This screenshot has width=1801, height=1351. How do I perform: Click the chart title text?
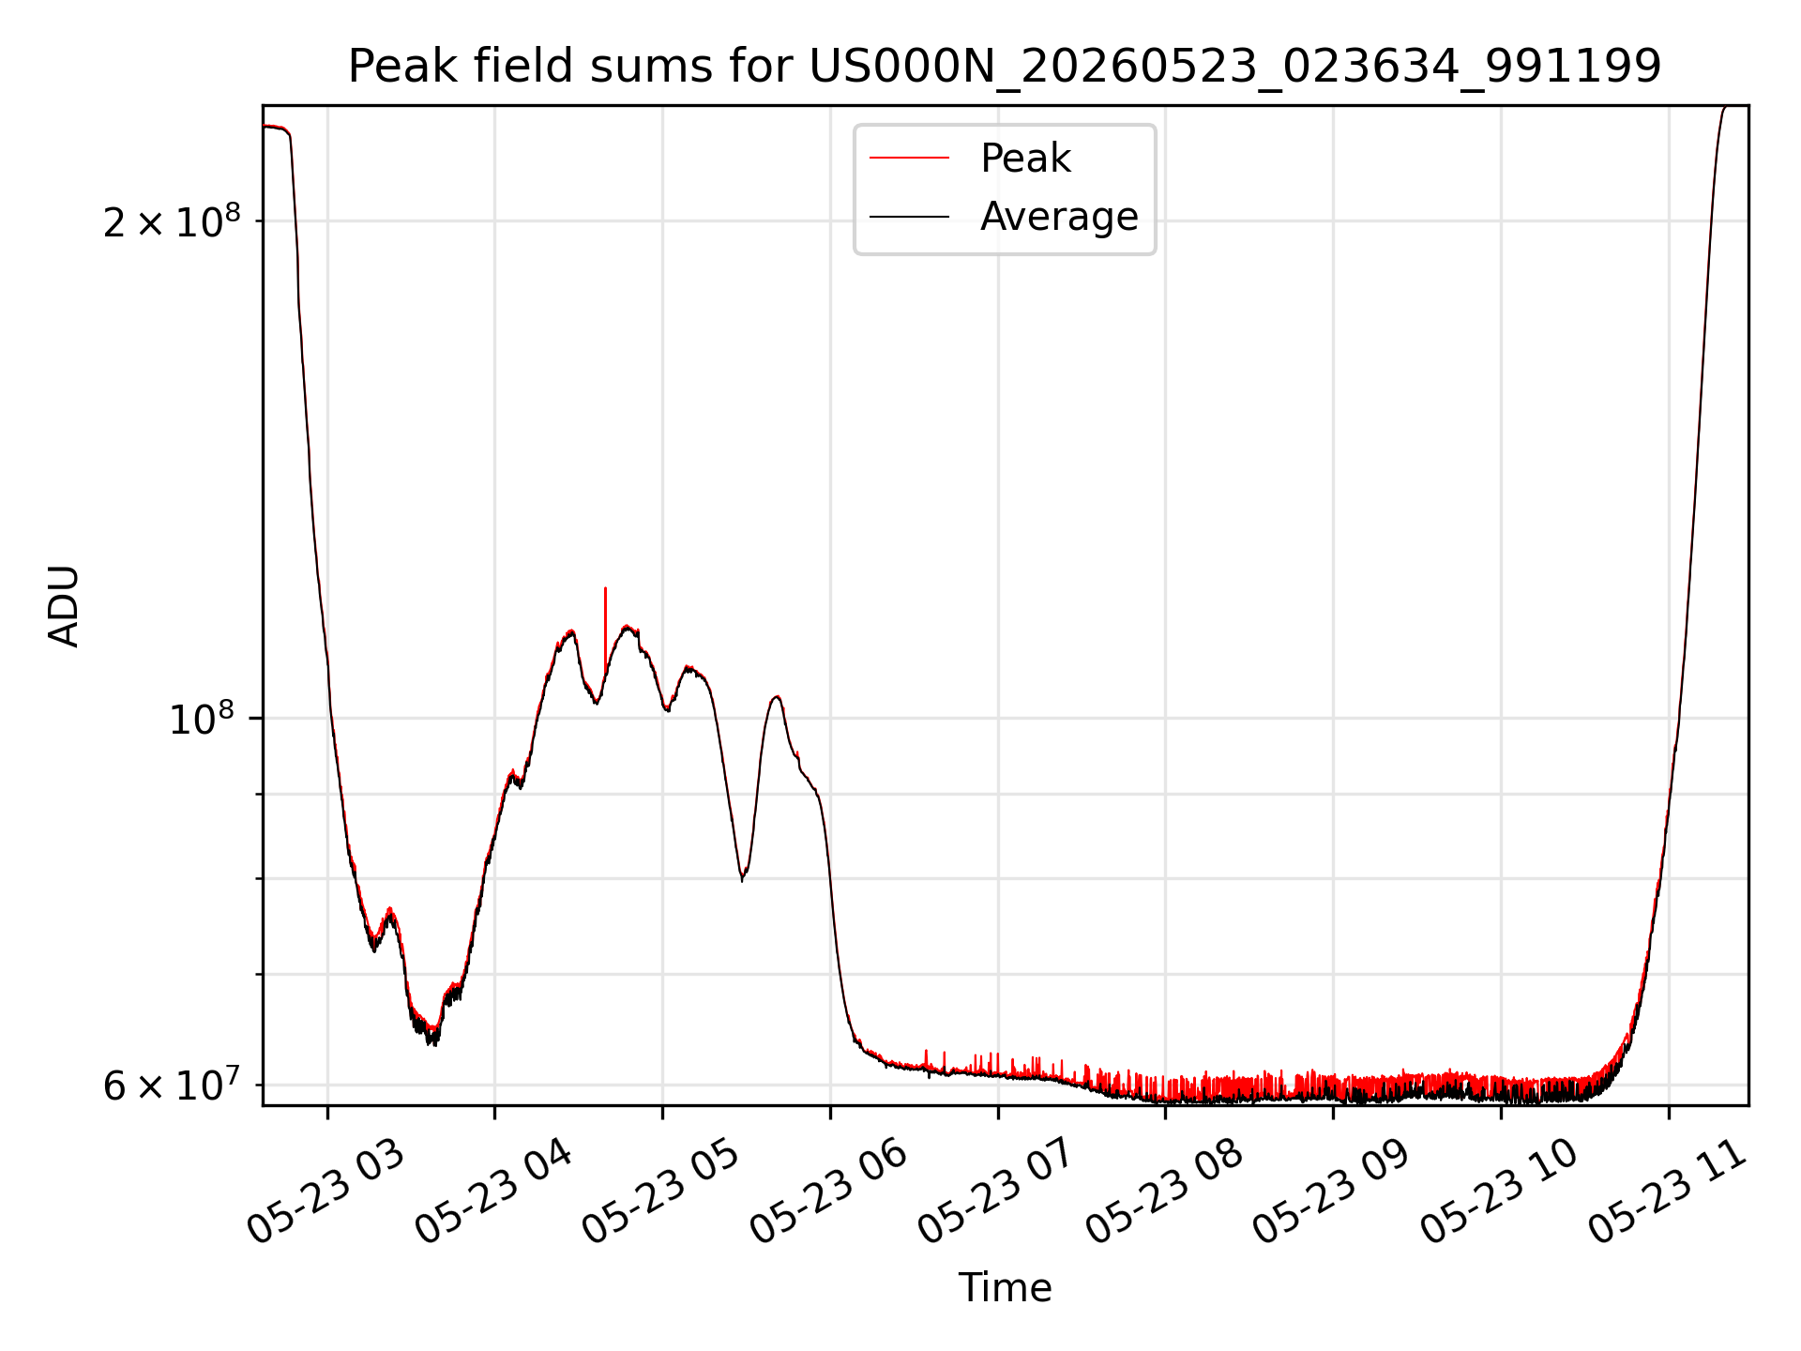(x=1005, y=67)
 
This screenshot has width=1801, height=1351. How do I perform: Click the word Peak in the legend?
(x=1025, y=159)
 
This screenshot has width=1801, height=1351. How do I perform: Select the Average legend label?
(x=1059, y=217)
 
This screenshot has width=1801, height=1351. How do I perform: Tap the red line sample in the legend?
(x=909, y=159)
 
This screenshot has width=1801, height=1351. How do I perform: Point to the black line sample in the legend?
(x=909, y=217)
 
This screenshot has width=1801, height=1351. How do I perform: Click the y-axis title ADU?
(x=64, y=606)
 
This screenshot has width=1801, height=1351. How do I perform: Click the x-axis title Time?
(x=1005, y=1287)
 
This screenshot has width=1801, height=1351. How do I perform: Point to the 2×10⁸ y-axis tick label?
(x=172, y=221)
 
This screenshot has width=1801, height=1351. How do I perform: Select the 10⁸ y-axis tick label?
(x=202, y=720)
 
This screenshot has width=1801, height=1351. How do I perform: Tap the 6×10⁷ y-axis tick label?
(x=172, y=1085)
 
